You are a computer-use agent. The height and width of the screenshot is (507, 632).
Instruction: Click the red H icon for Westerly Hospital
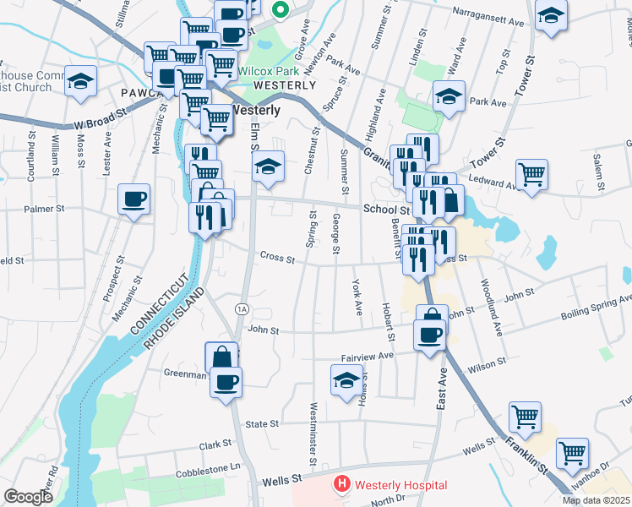pyautogui.click(x=341, y=485)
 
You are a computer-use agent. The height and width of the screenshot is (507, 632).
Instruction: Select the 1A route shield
pyautogui.click(x=242, y=308)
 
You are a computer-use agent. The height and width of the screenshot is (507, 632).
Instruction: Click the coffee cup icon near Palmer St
pyautogui.click(x=133, y=199)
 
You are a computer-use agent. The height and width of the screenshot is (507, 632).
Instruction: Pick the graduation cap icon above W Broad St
pyautogui.click(x=81, y=81)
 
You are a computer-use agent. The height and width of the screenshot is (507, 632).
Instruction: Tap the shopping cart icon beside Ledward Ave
pyautogui.click(x=531, y=175)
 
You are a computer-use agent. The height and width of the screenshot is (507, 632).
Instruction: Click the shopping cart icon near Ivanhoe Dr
pyautogui.click(x=572, y=453)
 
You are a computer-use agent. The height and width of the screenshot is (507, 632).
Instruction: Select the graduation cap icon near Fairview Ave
pyautogui.click(x=346, y=381)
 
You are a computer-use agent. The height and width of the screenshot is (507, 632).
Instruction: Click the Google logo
pyautogui.click(x=28, y=497)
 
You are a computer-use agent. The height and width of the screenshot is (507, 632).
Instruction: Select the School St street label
pyautogui.click(x=386, y=209)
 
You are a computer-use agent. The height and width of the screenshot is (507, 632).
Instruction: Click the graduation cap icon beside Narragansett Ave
pyautogui.click(x=551, y=16)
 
